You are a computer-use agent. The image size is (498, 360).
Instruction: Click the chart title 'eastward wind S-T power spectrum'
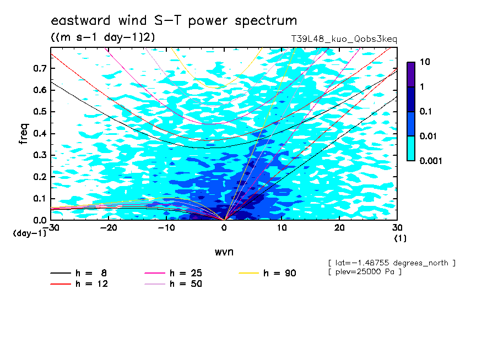174,20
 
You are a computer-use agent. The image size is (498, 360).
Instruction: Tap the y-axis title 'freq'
24,134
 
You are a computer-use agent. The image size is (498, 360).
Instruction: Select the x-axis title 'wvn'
224,252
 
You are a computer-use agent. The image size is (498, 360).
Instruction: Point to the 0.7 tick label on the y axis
40,68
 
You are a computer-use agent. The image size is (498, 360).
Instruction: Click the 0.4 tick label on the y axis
40,134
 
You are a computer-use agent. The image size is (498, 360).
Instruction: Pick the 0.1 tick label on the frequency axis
40,199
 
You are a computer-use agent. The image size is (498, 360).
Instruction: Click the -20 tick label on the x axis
109,228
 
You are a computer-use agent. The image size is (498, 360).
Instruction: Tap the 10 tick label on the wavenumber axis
282,228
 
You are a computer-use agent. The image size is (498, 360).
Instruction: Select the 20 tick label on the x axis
339,228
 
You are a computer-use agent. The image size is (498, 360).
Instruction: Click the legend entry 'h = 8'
78,273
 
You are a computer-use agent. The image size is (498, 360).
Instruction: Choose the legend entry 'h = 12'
79,283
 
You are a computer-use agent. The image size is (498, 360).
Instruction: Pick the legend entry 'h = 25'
173,273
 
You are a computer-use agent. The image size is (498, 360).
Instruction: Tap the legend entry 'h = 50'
173,283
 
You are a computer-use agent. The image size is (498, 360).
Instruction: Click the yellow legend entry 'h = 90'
267,273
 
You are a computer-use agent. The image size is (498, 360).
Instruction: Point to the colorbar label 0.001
431,161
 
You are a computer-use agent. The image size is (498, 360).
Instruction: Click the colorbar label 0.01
429,136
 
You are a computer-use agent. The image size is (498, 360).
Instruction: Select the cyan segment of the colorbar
411,149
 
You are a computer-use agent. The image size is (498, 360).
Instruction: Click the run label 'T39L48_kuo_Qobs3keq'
344,39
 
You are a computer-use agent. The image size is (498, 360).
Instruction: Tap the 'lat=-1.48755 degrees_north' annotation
392,263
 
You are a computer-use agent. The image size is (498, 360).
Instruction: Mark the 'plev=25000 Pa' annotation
365,272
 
